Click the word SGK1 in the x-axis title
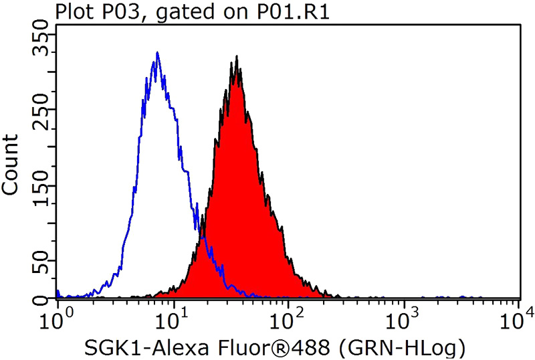[108, 347]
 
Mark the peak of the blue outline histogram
[156, 53]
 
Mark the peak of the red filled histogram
[237, 57]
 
